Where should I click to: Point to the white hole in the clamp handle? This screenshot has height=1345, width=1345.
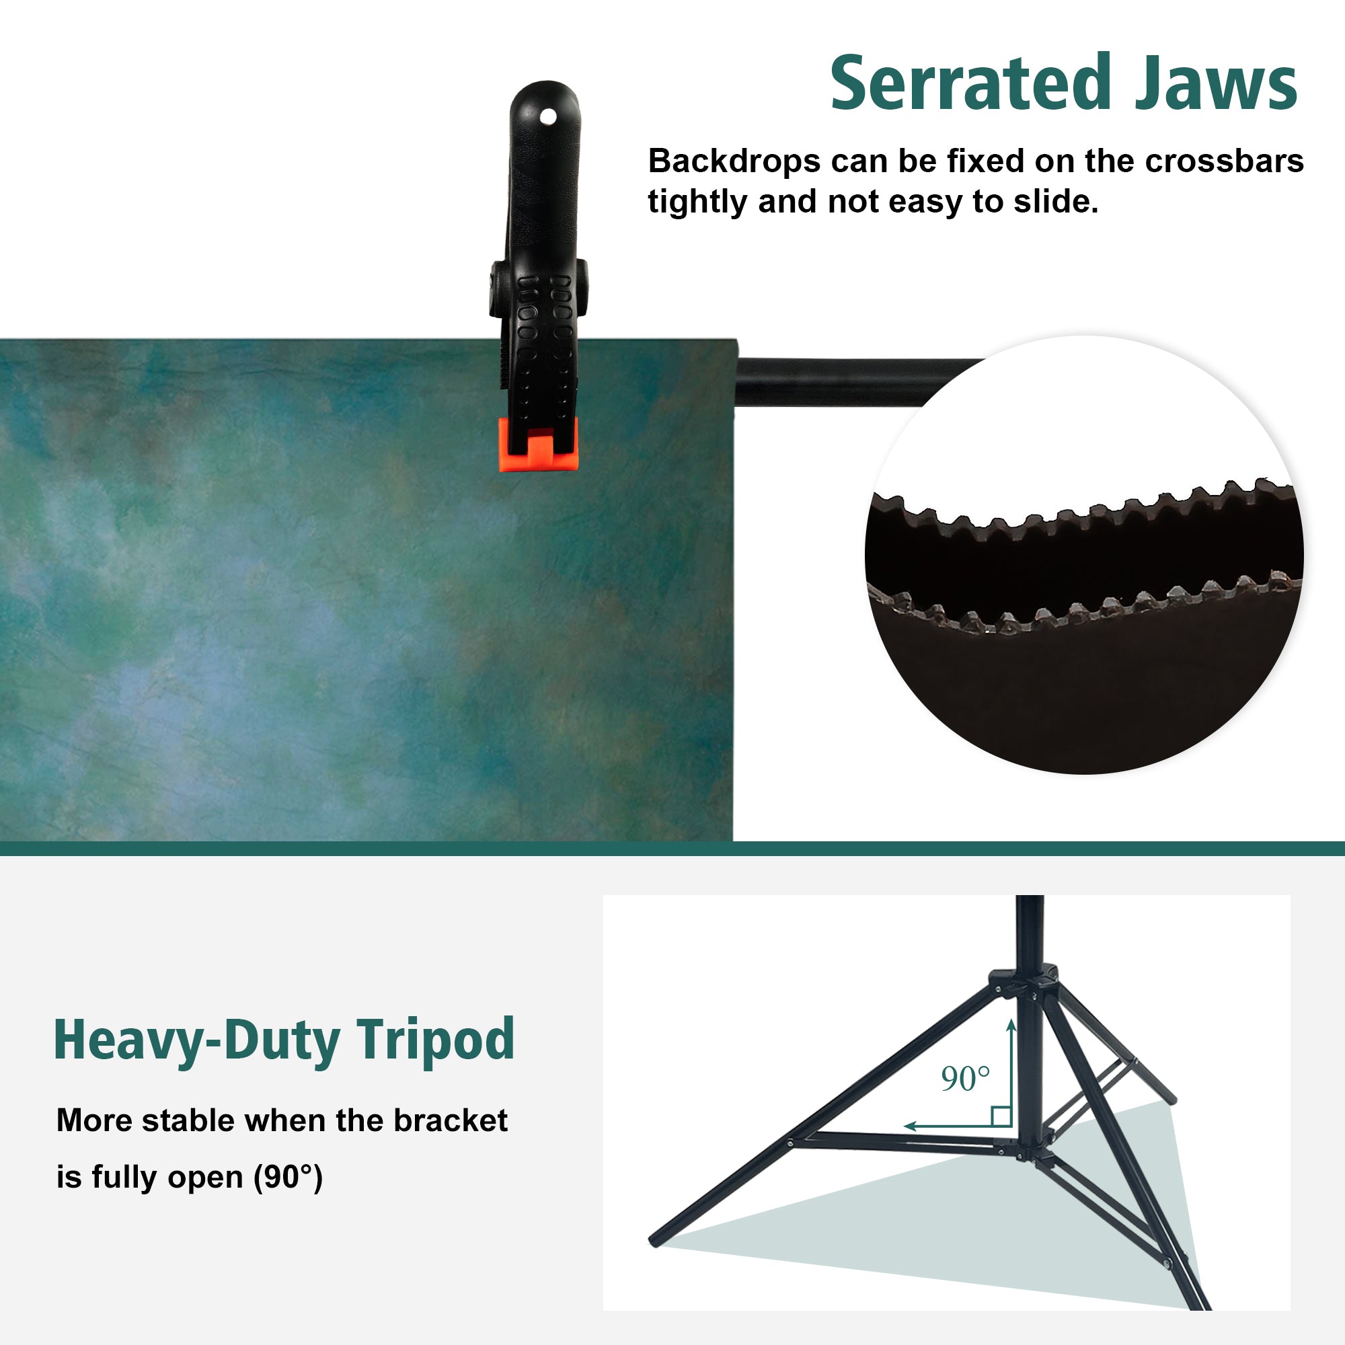(x=549, y=116)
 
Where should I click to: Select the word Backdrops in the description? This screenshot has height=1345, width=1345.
(x=734, y=161)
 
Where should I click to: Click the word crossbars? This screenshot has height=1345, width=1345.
(x=1225, y=161)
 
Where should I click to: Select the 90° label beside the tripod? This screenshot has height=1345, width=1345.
(x=965, y=1079)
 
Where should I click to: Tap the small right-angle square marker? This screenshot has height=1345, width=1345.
(x=1001, y=1116)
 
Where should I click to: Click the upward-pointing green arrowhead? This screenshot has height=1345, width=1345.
(x=1011, y=1026)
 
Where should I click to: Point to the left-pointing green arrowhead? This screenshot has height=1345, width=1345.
(x=911, y=1125)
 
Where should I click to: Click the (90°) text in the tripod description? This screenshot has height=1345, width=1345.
(x=288, y=1178)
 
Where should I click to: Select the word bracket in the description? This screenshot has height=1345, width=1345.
(x=451, y=1120)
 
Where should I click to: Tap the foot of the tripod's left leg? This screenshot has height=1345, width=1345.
(x=654, y=1241)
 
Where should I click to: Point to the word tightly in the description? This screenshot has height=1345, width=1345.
(x=697, y=202)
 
